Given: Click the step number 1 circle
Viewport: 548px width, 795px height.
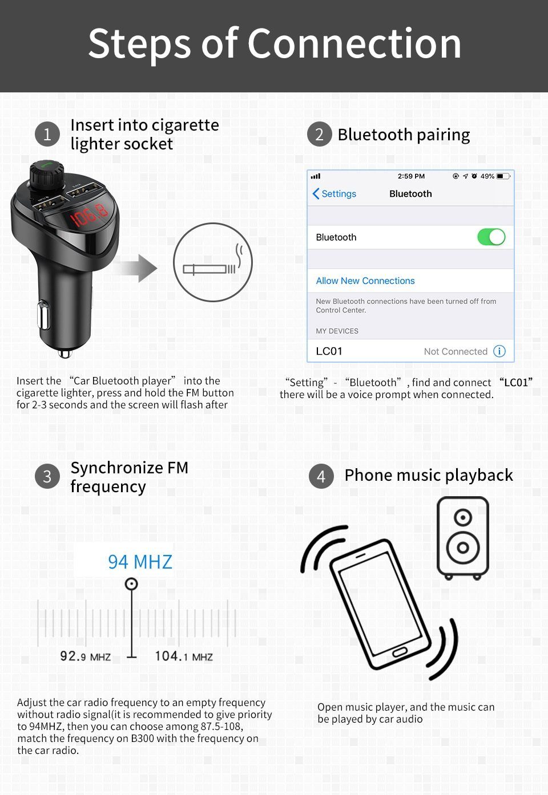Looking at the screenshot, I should tap(47, 134).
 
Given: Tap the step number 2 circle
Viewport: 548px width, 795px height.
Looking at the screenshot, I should tap(319, 135).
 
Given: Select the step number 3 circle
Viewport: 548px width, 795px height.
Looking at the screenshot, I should tap(47, 477).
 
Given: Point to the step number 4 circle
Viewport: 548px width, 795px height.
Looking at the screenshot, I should tap(321, 476).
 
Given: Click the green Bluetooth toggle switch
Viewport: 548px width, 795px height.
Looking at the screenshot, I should tap(491, 237).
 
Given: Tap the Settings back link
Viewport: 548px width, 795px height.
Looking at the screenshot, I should tap(335, 194).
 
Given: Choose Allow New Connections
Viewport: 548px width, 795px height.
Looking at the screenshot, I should tap(365, 281).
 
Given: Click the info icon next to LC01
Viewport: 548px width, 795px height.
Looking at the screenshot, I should tap(499, 351).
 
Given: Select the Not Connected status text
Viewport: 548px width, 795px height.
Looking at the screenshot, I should tap(456, 352).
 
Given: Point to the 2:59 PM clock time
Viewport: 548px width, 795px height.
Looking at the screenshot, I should tap(411, 176).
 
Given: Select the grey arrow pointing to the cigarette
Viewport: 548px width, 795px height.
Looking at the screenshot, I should tap(138, 267).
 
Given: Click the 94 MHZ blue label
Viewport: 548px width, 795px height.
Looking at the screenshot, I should tap(140, 562).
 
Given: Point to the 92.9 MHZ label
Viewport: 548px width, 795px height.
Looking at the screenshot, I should tap(86, 656).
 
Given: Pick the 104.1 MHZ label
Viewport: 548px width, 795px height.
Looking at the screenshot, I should tap(183, 656).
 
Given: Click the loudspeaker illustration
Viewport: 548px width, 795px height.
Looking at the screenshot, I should tap(462, 537).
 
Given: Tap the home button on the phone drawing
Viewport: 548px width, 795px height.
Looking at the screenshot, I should tap(400, 652).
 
